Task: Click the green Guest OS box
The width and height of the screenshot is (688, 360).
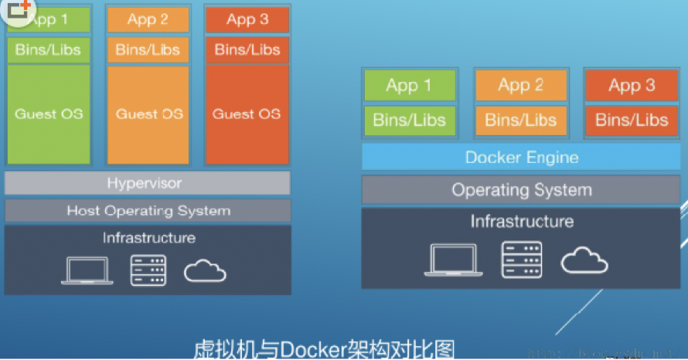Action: tap(49, 114)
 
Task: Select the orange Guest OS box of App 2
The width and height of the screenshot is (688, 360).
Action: tap(148, 114)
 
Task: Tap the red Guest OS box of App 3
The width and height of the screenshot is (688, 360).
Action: tap(247, 114)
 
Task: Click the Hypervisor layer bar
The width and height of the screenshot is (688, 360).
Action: tap(148, 183)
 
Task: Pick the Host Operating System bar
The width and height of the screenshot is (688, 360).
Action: tap(148, 210)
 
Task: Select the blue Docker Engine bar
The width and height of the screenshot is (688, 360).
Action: tap(521, 158)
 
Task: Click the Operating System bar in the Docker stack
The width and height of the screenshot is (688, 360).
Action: tap(521, 189)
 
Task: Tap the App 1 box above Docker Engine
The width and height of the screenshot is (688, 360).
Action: tap(409, 85)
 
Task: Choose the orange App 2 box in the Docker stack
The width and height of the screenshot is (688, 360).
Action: tap(520, 85)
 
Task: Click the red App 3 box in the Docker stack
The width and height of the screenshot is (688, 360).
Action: tap(632, 85)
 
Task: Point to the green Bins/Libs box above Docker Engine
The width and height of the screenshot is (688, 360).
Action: tap(409, 120)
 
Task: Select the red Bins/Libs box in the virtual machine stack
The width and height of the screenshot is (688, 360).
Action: tap(247, 50)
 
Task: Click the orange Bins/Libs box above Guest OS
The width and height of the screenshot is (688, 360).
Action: tap(148, 50)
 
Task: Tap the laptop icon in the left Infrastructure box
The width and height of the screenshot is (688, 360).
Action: tap(87, 270)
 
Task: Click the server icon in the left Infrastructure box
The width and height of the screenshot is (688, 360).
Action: tap(147, 270)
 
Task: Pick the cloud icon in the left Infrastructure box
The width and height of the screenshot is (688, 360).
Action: tap(205, 270)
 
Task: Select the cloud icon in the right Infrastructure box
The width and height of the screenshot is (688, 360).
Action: tap(584, 261)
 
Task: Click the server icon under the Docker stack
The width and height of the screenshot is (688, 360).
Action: tap(521, 260)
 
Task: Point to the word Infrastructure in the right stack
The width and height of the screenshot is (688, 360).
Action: tap(522, 222)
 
